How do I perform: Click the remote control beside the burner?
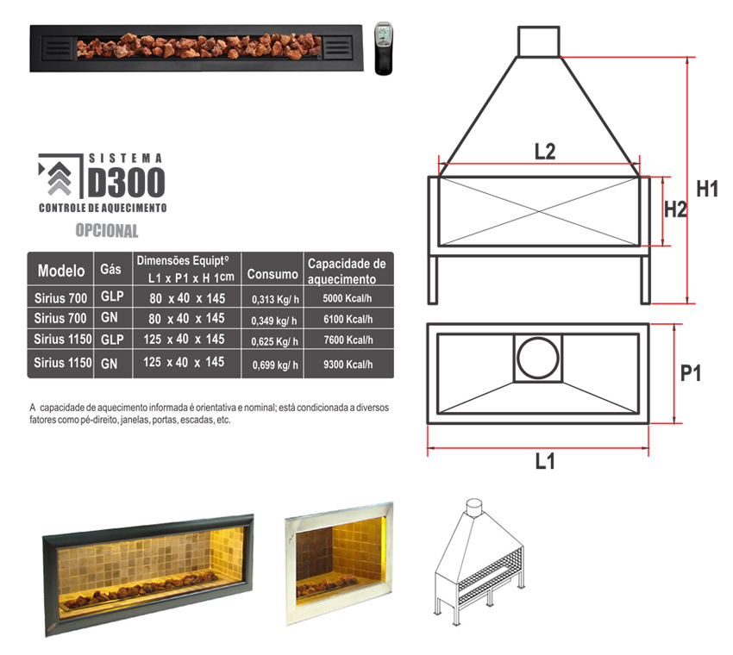pyautogui.click(x=384, y=48)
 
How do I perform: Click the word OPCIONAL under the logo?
pyautogui.click(x=107, y=230)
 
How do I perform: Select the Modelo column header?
pyautogui.click(x=61, y=271)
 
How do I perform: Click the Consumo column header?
pyautogui.click(x=273, y=274)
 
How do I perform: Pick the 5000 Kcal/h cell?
pyautogui.click(x=348, y=298)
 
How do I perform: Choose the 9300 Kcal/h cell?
pyautogui.click(x=348, y=364)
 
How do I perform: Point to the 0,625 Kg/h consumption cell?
pyautogui.click(x=275, y=341)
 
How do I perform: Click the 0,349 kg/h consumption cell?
pyautogui.click(x=274, y=321)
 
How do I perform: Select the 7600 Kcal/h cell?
pyautogui.click(x=348, y=340)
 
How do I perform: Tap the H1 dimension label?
pyautogui.click(x=707, y=189)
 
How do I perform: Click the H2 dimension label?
pyautogui.click(x=675, y=209)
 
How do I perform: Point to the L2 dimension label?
pyautogui.click(x=545, y=152)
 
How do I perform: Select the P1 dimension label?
pyautogui.click(x=691, y=373)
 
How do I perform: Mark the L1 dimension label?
pyautogui.click(x=545, y=460)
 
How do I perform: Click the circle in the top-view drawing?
pyautogui.click(x=538, y=358)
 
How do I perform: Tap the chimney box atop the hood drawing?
pyautogui.click(x=538, y=41)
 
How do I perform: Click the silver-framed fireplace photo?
pyautogui.click(x=340, y=563)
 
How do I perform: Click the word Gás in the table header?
pyautogui.click(x=110, y=269)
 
